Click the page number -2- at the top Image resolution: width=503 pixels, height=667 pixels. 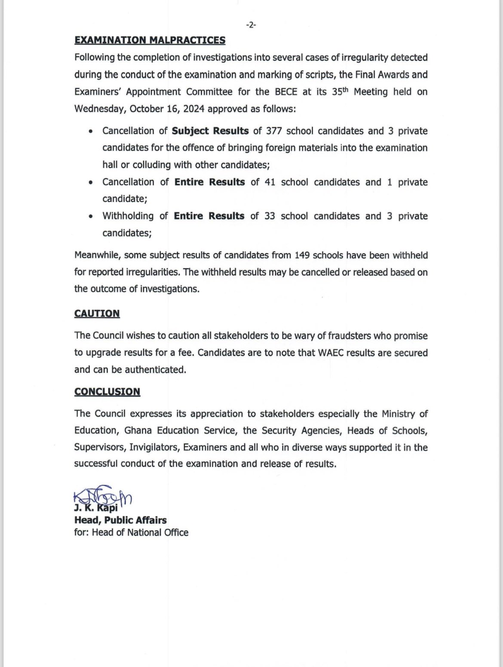coord(251,25)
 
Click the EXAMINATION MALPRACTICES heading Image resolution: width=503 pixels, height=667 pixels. coord(150,40)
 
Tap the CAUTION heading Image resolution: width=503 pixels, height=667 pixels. coord(97,314)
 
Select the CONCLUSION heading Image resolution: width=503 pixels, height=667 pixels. coord(107,392)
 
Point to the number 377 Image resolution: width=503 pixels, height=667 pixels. coord(274,131)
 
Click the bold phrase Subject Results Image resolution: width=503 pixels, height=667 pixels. coord(210,131)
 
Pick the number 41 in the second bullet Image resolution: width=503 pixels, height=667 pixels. coord(270,182)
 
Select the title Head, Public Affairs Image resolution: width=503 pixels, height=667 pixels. coord(120,520)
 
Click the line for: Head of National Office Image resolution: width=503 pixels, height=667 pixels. coord(131,532)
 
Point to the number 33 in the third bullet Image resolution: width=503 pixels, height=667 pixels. coord(270,216)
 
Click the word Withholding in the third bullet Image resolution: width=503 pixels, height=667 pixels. coord(128,216)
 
